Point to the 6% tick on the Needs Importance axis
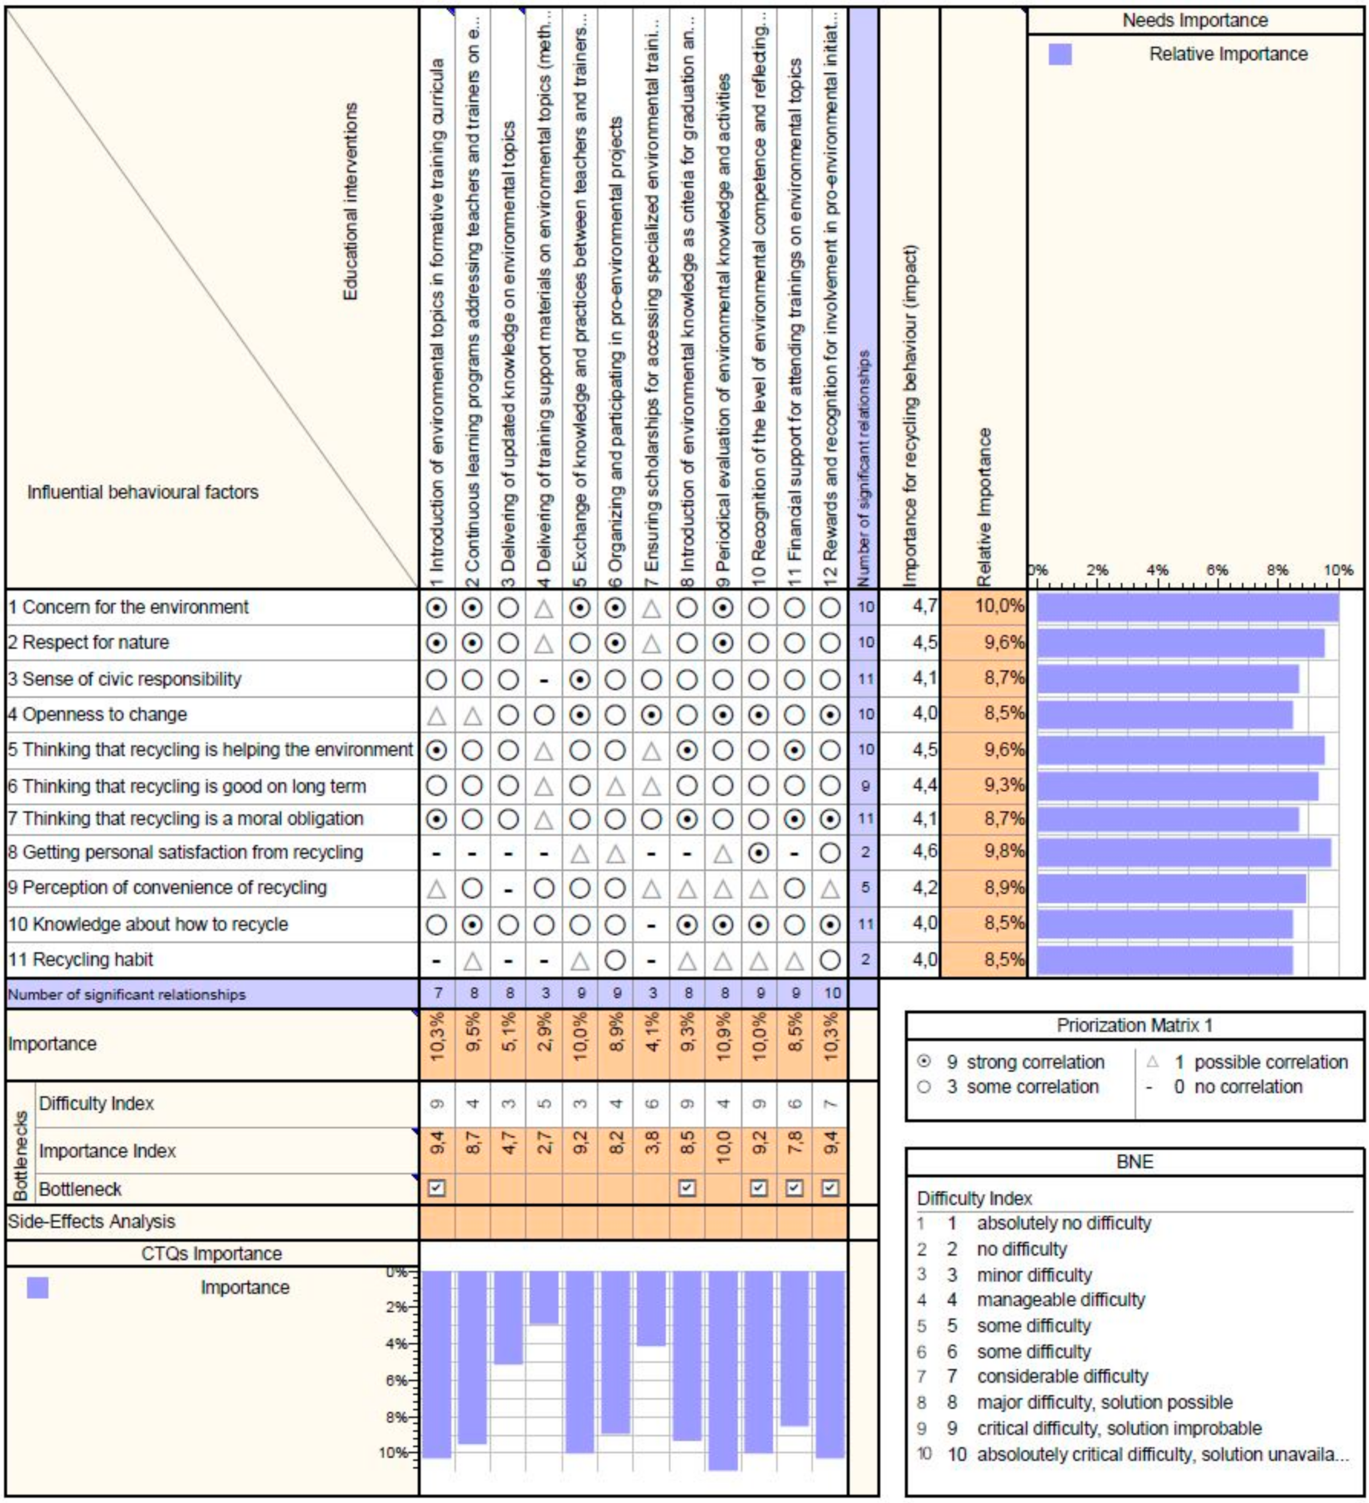pos(1216,570)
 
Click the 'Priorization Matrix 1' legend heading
pos(1134,1025)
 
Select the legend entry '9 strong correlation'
pos(1025,1062)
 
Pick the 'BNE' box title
pos(1134,1162)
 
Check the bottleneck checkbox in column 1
pos(438,1188)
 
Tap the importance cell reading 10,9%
pos(723,1043)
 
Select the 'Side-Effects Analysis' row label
pos(91,1221)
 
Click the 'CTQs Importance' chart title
pos(212,1253)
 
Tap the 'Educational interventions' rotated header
pos(350,202)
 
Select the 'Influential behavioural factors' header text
pos(143,492)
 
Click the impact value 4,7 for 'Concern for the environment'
pos(924,606)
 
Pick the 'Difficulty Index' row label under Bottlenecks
pos(96,1103)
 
